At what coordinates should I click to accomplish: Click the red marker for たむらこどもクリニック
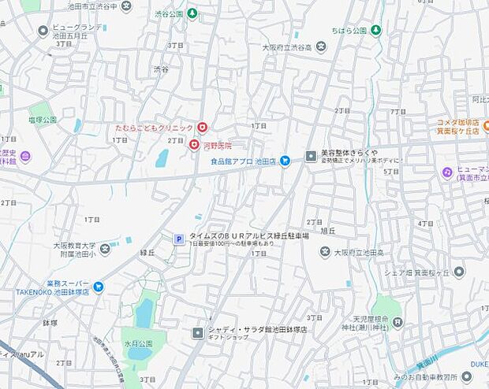pyautogui.click(x=203, y=128)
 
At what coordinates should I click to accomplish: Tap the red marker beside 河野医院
pyautogui.click(x=193, y=145)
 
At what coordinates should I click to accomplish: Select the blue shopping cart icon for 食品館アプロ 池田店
pyautogui.click(x=286, y=161)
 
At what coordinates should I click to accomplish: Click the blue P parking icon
pyautogui.click(x=178, y=239)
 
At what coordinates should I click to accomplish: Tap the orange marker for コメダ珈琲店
pyautogui.click(x=486, y=124)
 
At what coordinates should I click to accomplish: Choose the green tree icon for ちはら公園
pyautogui.click(x=377, y=31)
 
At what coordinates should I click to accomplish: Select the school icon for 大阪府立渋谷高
pyautogui.click(x=320, y=47)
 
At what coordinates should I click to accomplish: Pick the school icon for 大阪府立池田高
pyautogui.click(x=325, y=252)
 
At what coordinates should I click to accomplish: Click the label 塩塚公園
pyautogui.click(x=43, y=120)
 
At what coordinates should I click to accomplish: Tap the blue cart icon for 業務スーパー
pyautogui.click(x=99, y=287)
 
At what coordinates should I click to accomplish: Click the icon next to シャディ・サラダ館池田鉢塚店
pyautogui.click(x=197, y=333)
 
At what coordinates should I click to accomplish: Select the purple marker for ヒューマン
pyautogui.click(x=447, y=172)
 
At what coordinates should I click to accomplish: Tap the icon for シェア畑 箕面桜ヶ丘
pyautogui.click(x=459, y=272)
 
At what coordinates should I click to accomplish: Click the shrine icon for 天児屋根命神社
pyautogui.click(x=398, y=321)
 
